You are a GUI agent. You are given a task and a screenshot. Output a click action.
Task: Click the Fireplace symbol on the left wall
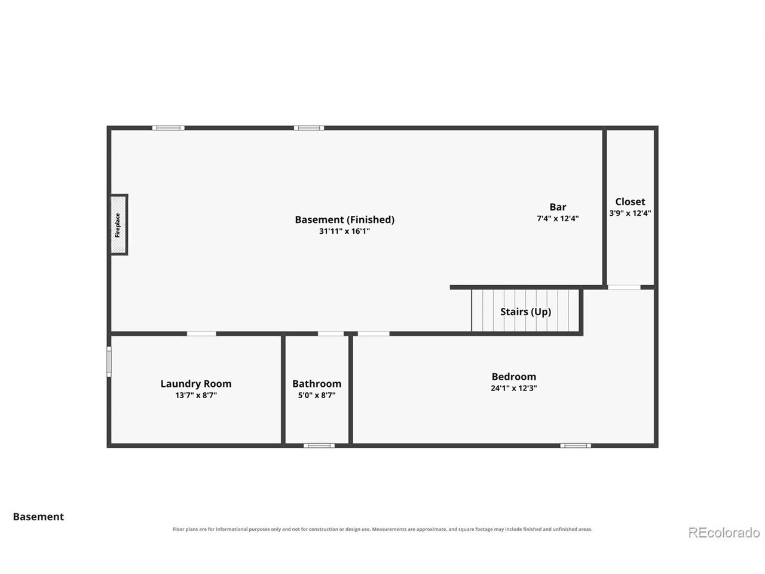point(118,224)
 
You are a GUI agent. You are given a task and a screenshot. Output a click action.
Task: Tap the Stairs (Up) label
point(525,312)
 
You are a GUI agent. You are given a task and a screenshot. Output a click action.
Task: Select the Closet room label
point(630,201)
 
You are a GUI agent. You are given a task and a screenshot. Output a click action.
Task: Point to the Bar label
point(558,207)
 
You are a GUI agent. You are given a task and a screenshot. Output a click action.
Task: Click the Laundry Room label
point(196,384)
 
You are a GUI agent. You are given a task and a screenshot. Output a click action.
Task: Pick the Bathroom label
point(317,384)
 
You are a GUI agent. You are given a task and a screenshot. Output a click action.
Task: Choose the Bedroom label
point(514,377)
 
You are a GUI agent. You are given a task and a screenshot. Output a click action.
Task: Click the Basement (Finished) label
point(345,219)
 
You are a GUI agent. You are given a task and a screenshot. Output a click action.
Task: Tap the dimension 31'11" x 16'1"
point(344,231)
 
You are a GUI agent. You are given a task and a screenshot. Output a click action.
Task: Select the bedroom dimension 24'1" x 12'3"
point(514,388)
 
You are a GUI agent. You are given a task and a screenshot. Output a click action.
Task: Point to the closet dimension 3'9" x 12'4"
point(630,213)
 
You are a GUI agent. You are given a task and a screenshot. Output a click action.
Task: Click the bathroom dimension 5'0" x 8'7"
point(317,395)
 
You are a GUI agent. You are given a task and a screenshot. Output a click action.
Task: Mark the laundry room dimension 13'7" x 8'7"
point(196,395)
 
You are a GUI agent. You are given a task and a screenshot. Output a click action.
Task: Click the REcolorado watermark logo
point(724,533)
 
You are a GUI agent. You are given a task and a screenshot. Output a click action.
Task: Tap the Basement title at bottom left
point(38,517)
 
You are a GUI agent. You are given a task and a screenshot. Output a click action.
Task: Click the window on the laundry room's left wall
point(109,361)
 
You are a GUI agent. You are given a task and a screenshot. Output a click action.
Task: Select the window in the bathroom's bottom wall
point(319,445)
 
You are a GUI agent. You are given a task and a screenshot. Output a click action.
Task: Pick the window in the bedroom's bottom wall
point(576,445)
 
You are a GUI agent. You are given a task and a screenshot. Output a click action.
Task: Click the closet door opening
point(624,287)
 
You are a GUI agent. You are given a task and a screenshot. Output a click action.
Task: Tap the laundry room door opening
point(201,334)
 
